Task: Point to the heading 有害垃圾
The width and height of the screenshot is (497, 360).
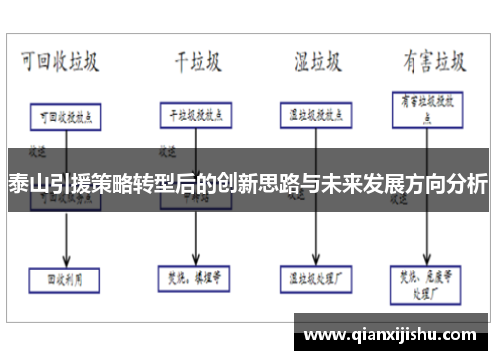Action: (433, 61)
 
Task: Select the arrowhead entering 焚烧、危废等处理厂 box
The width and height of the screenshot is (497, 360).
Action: (428, 257)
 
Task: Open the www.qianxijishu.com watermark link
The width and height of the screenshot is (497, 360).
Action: (392, 330)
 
